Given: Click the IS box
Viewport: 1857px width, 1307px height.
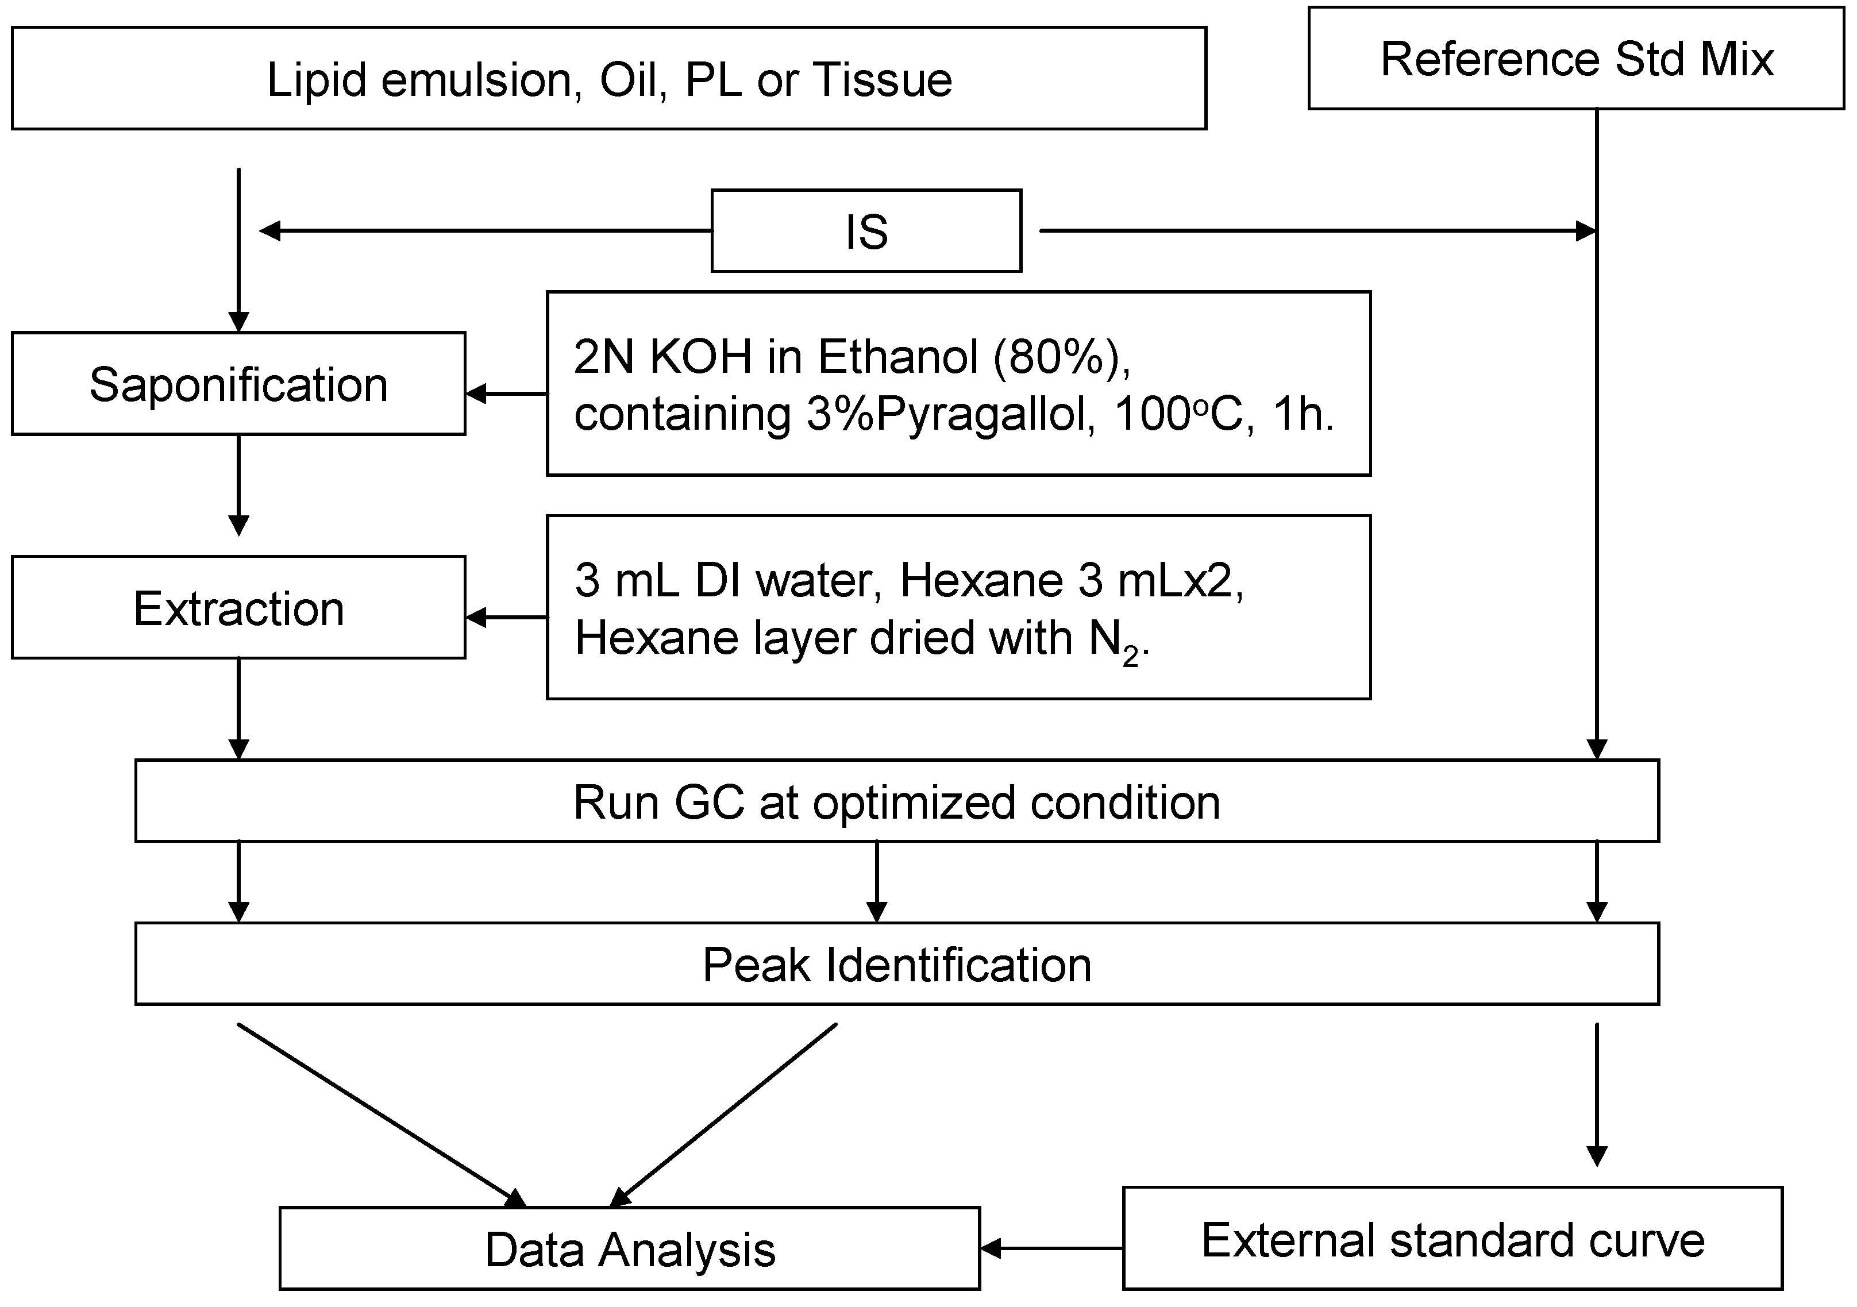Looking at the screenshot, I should (866, 232).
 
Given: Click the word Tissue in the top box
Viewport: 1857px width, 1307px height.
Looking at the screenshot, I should (883, 79).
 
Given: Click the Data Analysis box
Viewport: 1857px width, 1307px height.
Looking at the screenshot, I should (629, 1249).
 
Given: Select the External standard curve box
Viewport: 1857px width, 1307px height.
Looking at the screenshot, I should (1453, 1240).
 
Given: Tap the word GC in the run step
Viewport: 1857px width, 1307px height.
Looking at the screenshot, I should (710, 803).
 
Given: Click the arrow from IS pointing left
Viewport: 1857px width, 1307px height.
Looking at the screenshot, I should (486, 232).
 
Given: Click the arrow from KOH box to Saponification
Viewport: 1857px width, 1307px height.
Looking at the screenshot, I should (506, 394).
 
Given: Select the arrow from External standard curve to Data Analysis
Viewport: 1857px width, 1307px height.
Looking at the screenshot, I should (1051, 1248).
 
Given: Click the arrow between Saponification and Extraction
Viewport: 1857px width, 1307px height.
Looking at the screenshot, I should (238, 485).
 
